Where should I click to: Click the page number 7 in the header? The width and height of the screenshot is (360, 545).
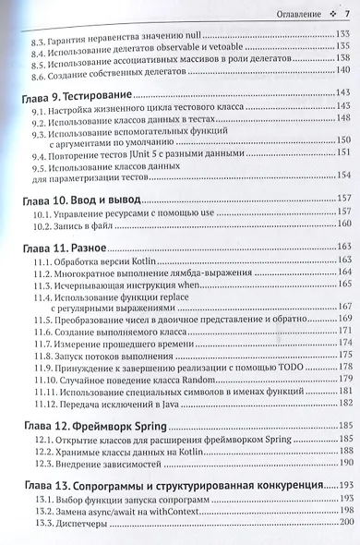[345, 12]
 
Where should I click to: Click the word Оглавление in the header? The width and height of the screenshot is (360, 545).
[291, 12]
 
